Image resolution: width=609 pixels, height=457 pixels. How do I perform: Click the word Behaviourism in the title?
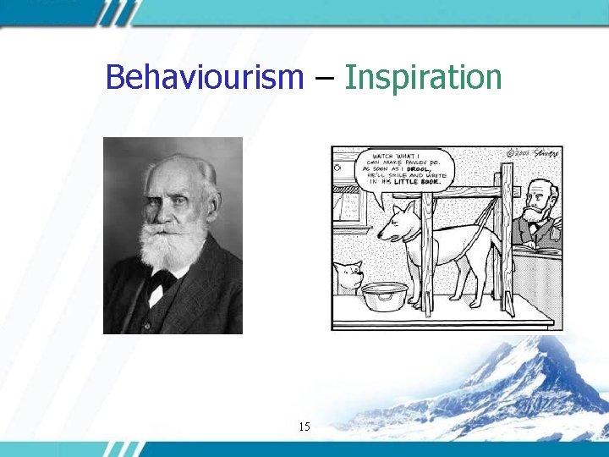click(x=204, y=77)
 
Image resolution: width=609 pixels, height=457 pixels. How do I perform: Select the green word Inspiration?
click(x=424, y=77)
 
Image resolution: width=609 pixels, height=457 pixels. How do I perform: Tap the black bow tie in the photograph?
click(x=161, y=283)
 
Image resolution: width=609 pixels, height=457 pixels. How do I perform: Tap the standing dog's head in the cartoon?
click(x=398, y=222)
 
